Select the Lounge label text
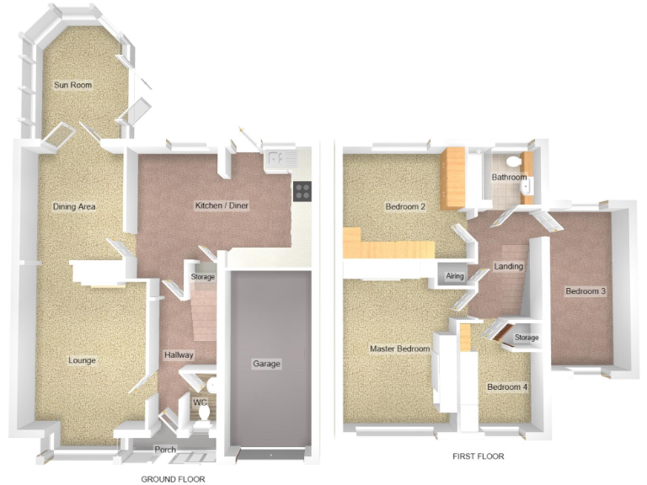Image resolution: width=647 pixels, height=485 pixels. point(82,360)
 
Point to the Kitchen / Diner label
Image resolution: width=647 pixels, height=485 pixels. point(222,205)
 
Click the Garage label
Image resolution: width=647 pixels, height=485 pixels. point(266,364)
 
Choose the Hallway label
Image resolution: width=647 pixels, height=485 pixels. point(179,355)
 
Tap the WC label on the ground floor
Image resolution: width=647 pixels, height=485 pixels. point(201,402)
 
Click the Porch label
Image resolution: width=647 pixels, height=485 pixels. point(165,450)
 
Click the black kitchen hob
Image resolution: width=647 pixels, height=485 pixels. point(302,191)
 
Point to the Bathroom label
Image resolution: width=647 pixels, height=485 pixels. point(509,178)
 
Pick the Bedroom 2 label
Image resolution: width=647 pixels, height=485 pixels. point(405,207)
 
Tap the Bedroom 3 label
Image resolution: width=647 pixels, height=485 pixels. point(586,291)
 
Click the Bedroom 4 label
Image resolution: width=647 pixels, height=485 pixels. point(507,387)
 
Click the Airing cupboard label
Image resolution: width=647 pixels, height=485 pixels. point(455,275)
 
